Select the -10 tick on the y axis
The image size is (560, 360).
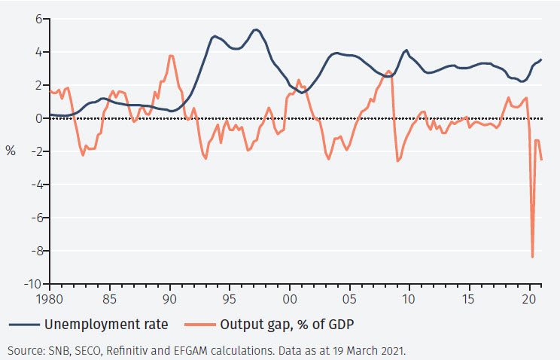point(34,285)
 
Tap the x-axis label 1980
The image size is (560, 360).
point(50,299)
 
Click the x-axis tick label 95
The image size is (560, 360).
point(230,299)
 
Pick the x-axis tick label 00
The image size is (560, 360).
point(290,299)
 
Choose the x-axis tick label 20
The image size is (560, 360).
point(530,299)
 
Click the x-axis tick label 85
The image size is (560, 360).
point(110,299)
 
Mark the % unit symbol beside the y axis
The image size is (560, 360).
point(11,151)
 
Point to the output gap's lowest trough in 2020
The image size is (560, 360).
point(533,257)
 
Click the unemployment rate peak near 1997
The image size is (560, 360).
point(256,29)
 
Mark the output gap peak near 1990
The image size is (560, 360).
point(171,56)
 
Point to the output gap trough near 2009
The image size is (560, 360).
point(397,160)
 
